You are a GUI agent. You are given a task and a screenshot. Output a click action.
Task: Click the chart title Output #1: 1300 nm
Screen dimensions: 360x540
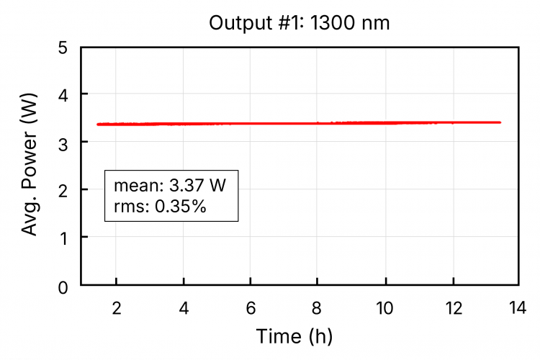299,23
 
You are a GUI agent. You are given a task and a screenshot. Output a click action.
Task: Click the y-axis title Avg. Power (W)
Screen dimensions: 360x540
30,167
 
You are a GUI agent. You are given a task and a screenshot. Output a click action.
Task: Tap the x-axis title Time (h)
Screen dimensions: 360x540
294,336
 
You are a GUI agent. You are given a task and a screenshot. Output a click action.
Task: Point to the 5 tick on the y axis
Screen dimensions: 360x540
63,48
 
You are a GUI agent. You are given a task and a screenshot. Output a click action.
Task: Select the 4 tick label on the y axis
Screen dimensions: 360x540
63,95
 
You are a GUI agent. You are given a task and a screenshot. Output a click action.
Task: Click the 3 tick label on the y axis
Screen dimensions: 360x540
63,143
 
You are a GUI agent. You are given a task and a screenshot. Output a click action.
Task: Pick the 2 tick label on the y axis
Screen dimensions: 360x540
63,190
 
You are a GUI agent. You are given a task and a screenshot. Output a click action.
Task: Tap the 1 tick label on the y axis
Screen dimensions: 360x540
63,238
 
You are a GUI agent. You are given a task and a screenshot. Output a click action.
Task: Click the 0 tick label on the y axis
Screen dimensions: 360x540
63,287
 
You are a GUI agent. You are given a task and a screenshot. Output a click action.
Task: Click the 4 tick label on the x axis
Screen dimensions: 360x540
184,308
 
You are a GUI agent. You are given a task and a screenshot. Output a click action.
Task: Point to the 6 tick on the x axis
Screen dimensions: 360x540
251,308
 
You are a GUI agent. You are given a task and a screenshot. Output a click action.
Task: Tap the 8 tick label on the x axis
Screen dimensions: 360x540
318,308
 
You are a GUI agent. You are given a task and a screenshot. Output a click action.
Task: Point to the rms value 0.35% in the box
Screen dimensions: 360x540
181,207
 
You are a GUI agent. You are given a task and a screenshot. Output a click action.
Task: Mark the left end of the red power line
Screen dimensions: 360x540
98,125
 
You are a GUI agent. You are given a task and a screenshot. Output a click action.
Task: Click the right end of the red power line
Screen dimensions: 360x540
500,122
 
